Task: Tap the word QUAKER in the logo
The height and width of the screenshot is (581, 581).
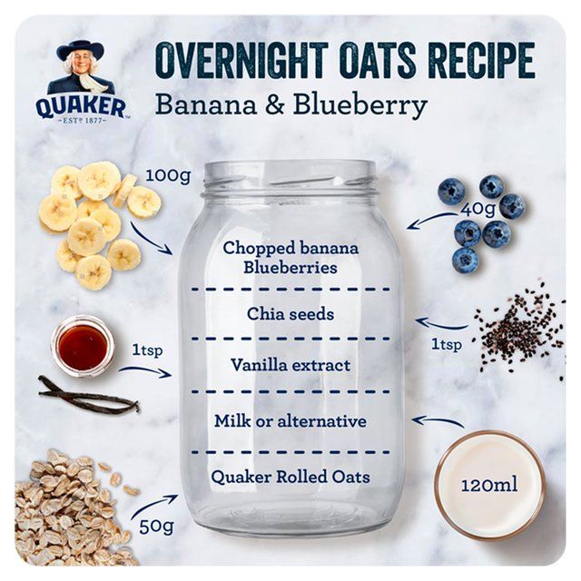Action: click(81, 108)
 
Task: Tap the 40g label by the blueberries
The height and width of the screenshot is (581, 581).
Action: click(479, 210)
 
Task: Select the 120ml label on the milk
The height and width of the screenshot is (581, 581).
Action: click(488, 485)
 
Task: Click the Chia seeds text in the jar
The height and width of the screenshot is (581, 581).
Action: click(290, 314)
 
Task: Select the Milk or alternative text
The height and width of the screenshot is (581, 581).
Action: click(290, 421)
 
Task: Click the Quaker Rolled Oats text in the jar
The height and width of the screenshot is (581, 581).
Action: click(290, 476)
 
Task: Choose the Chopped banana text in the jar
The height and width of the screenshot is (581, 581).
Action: click(290, 248)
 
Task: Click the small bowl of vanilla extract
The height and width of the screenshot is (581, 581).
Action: click(83, 346)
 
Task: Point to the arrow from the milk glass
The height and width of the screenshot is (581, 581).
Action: click(438, 421)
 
